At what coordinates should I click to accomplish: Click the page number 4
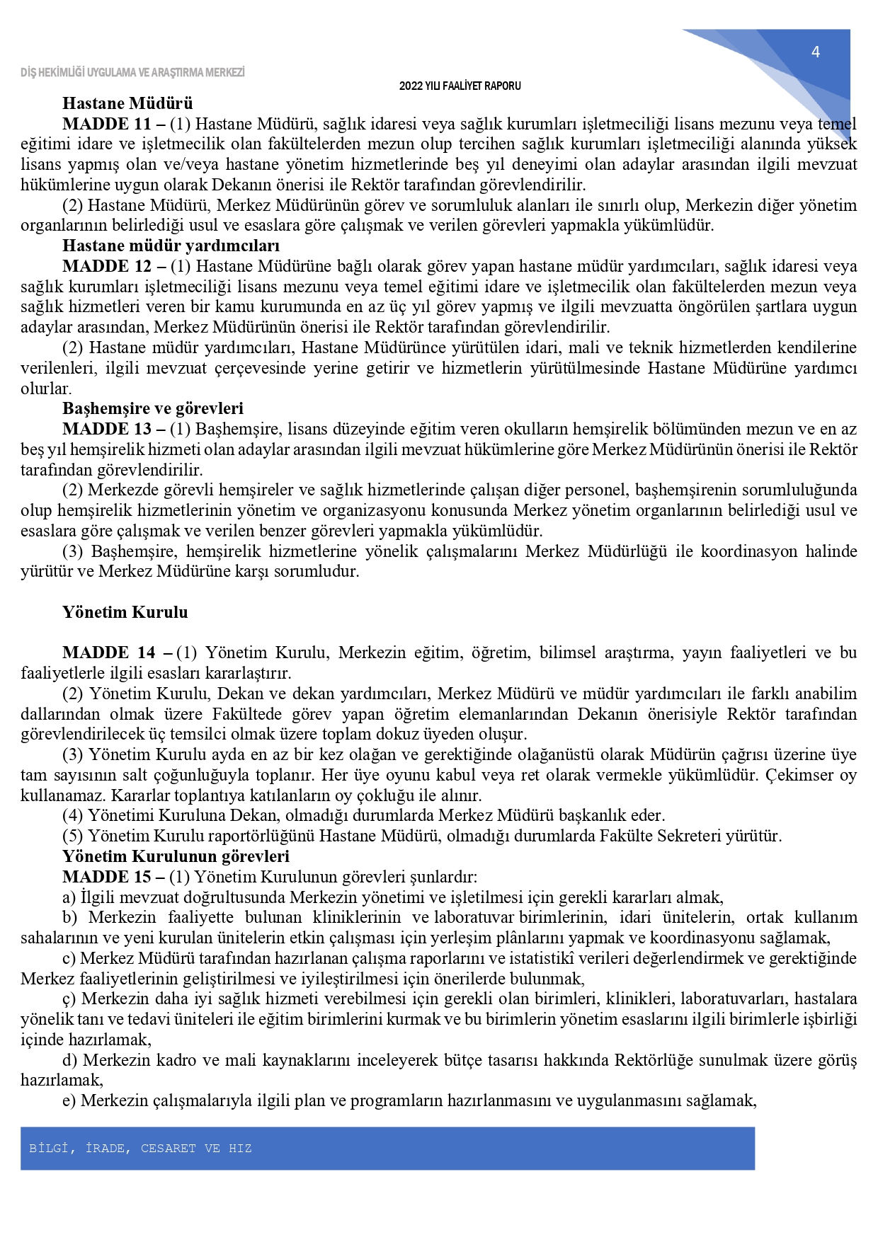815,52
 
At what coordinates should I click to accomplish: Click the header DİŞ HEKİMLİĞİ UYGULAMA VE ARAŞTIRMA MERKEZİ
132,72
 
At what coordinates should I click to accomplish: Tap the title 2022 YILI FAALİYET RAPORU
460,86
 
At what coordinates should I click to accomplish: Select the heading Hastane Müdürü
127,103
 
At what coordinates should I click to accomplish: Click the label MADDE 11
107,124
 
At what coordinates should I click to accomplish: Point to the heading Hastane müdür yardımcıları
171,246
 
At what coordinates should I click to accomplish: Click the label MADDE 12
107,266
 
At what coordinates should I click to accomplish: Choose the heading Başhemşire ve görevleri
152,408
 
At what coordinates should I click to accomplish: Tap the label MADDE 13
107,429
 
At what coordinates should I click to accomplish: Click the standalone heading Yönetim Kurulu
125,612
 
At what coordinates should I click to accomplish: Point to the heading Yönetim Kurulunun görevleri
176,856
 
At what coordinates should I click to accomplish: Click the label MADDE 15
107,877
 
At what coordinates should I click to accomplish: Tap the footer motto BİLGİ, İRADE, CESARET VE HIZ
140,1149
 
